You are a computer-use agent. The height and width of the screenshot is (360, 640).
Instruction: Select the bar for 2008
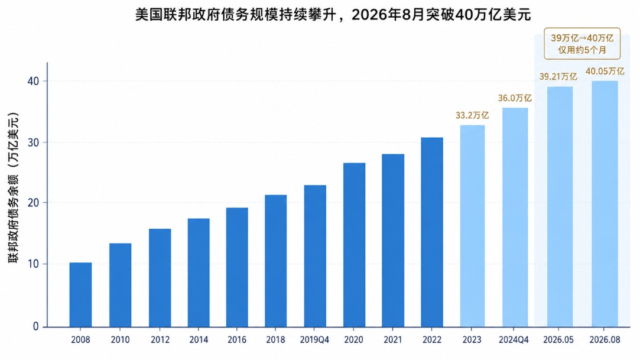80,294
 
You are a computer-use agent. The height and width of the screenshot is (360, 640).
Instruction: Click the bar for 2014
199,273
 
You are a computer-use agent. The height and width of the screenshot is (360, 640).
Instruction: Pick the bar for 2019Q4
315,256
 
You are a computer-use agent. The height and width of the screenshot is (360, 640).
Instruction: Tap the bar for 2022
432,232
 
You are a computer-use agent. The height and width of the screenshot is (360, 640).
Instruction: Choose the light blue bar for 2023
472,226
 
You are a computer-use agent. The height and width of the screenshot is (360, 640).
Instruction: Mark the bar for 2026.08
605,204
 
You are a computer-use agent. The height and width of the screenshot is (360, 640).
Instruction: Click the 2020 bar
355,245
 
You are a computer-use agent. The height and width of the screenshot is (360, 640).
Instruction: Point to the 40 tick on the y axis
34,81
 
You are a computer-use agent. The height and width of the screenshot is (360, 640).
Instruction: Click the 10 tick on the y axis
34,264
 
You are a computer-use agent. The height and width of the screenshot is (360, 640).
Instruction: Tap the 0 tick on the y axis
36,326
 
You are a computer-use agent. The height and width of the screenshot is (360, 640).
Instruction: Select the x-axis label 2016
237,339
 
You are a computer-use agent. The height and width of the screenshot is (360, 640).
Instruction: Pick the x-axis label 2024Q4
514,339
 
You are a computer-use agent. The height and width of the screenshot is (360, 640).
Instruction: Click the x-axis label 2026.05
558,339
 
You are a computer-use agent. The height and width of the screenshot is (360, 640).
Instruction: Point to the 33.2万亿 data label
472,115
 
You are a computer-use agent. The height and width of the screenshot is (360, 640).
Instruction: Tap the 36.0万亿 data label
515,98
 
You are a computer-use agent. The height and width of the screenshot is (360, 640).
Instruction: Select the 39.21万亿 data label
558,76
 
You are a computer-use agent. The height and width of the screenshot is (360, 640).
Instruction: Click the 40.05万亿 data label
605,71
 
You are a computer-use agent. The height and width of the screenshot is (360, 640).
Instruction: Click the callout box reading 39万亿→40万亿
582,44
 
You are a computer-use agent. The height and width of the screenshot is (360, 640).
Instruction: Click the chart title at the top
333,15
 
